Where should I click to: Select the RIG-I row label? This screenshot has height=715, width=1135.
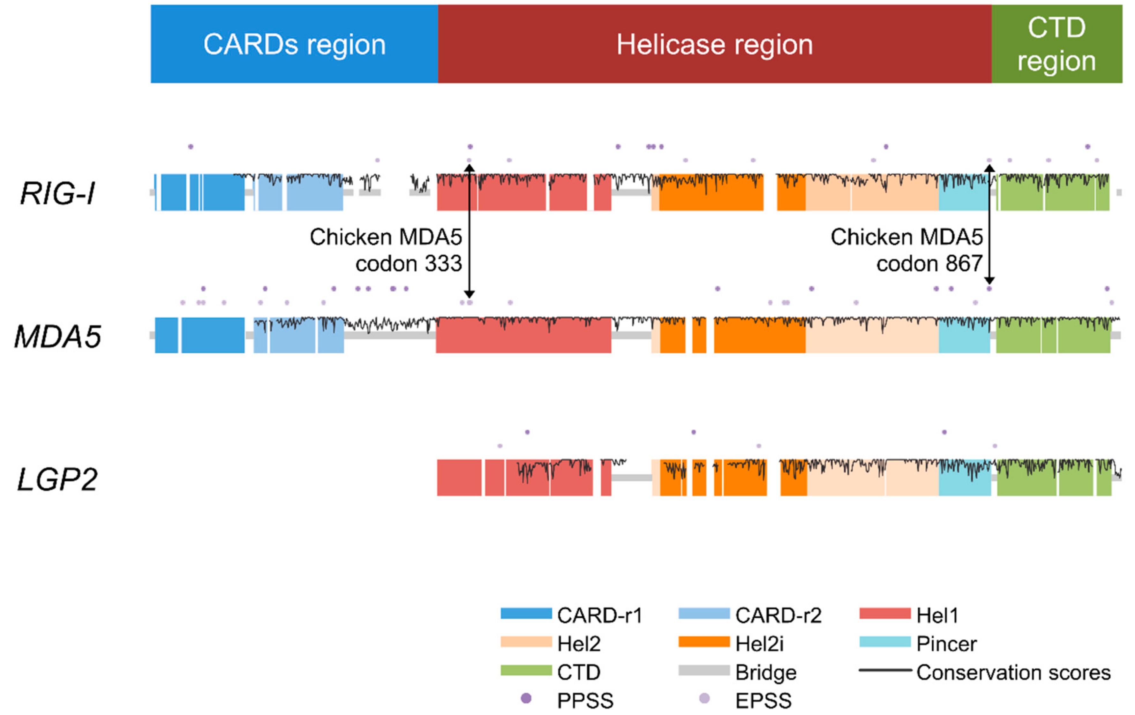tap(57, 193)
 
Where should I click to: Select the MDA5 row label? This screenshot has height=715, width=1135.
tap(57, 336)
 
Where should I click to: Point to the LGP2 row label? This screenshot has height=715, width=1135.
tap(57, 480)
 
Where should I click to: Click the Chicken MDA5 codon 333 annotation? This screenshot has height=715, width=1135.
tap(386, 250)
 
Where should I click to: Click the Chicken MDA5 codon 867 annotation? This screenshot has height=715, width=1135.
tap(906, 250)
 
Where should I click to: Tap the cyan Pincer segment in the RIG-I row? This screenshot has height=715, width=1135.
tap(963, 198)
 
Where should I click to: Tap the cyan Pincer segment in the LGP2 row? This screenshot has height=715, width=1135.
tap(964, 484)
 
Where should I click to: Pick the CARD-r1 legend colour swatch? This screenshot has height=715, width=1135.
tap(526, 614)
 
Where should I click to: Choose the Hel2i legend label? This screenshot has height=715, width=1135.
tap(759, 644)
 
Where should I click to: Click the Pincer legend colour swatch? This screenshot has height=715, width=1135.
tap(885, 642)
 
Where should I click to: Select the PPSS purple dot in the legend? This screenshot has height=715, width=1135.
tap(526, 698)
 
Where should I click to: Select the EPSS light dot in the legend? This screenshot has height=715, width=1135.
tap(704, 698)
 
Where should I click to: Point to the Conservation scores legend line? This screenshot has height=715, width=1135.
tap(885, 670)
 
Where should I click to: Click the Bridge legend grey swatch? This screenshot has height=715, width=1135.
tap(704, 670)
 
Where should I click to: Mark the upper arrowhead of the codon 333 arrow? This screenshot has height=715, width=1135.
tap(469, 167)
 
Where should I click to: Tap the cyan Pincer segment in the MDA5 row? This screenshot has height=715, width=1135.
tap(964, 339)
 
